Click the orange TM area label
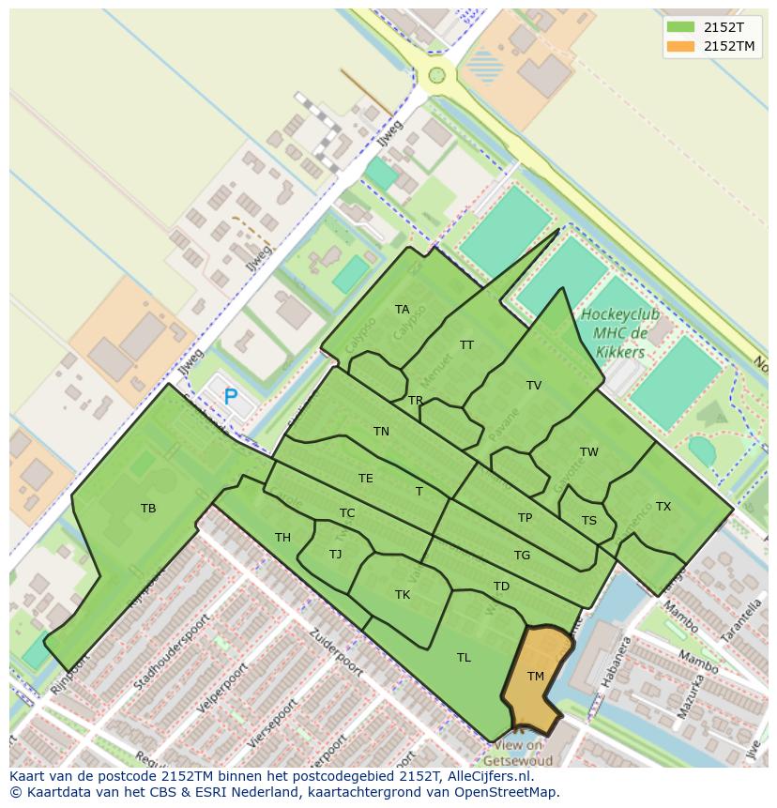click(x=536, y=677)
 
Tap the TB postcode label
click(x=148, y=509)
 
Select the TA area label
click(x=402, y=310)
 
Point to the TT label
click(x=466, y=345)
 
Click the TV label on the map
click(x=534, y=386)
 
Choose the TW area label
click(x=588, y=452)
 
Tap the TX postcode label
click(x=663, y=507)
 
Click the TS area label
click(x=588, y=521)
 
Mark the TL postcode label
click(x=464, y=658)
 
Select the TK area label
click(x=403, y=595)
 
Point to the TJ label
click(x=335, y=555)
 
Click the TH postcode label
click(x=282, y=538)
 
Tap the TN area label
click(x=381, y=432)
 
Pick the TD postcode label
click(x=501, y=587)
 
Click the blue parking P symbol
click(x=230, y=397)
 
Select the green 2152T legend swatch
click(x=680, y=27)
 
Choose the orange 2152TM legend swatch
click(x=680, y=46)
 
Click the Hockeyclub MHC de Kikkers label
click(x=619, y=333)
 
